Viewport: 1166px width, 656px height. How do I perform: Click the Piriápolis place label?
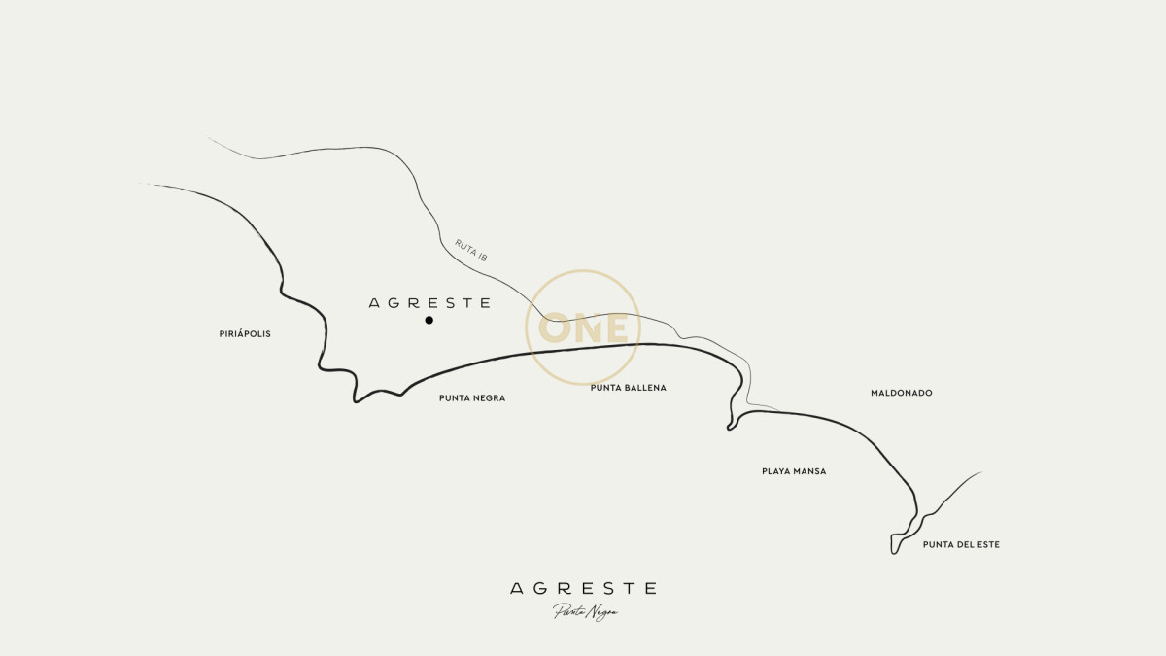(x=245, y=334)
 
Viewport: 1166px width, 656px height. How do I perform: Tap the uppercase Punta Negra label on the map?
(x=472, y=398)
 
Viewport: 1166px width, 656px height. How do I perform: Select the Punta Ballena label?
(x=628, y=388)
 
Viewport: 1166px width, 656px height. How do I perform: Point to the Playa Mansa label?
(x=794, y=471)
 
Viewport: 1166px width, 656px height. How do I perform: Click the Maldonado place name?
(x=901, y=393)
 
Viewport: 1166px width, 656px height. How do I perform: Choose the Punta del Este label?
(x=961, y=545)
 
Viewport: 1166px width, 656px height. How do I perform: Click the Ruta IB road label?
(x=471, y=251)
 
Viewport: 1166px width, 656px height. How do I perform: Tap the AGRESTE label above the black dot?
(x=429, y=303)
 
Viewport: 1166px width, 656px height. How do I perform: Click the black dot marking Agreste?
(x=429, y=320)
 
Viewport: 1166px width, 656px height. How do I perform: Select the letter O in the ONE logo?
(x=557, y=328)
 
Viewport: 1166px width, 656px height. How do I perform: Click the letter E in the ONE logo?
(x=620, y=328)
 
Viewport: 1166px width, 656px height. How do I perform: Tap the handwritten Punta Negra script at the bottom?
(x=585, y=612)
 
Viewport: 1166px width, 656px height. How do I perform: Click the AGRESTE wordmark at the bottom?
(x=583, y=588)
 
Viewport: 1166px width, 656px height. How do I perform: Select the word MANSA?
(x=809, y=471)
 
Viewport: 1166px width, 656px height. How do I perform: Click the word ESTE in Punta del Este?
(x=985, y=545)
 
